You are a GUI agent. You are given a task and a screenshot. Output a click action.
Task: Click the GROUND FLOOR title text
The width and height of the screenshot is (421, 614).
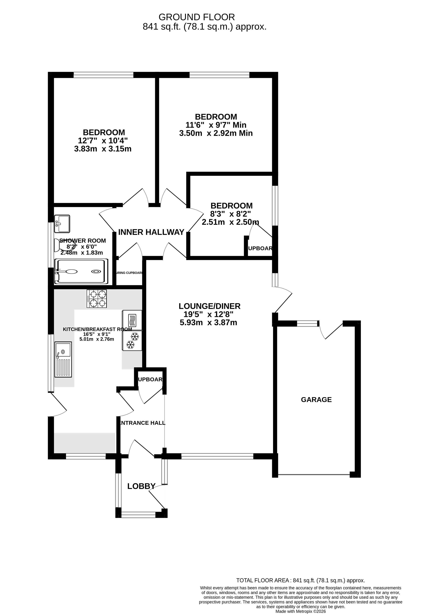pos(196,17)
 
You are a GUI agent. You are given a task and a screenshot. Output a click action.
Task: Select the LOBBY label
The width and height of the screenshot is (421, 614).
pos(141,486)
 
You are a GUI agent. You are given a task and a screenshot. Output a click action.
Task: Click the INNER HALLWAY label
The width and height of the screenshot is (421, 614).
pos(151,232)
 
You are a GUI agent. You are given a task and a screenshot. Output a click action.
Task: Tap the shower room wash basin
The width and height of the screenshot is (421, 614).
pos(62,224)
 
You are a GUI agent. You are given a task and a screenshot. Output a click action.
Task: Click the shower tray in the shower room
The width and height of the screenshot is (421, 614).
pos(81,271)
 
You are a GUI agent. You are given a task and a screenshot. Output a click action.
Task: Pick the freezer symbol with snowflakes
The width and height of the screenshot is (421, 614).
pos(132,341)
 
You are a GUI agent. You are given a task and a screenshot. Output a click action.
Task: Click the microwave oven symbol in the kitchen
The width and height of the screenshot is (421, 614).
pos(132,320)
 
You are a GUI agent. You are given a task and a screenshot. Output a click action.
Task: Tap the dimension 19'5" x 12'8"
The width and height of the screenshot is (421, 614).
pos(208,314)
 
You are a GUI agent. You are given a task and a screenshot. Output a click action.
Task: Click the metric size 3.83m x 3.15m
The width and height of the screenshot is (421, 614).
pos(103,149)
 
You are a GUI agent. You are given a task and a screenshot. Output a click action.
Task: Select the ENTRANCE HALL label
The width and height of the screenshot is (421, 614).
pos(142,423)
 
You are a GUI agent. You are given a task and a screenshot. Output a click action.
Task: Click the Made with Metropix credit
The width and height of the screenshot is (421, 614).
pos(300,611)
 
